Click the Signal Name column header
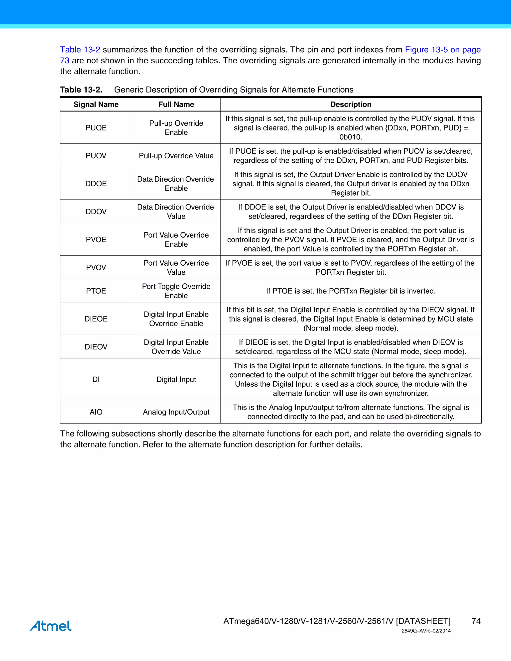click(x=96, y=105)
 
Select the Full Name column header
click(x=176, y=105)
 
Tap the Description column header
click(x=351, y=105)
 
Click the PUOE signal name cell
click(x=96, y=128)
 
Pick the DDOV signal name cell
click(x=96, y=212)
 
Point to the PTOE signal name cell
click(x=96, y=291)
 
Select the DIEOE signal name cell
click(x=96, y=319)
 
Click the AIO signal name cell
click(x=96, y=412)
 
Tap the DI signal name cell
click(x=96, y=379)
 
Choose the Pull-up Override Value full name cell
click(x=176, y=156)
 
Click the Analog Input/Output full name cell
click(x=176, y=412)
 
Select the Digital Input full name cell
click(x=176, y=379)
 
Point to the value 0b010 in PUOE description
click(x=351, y=137)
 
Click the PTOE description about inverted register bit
click(x=351, y=291)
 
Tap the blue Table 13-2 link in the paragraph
click(x=80, y=50)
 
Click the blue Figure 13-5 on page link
click(x=443, y=50)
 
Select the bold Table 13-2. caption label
click(x=81, y=90)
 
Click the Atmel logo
click(x=51, y=626)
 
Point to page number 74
click(x=476, y=621)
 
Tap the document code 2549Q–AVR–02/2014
click(x=426, y=631)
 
